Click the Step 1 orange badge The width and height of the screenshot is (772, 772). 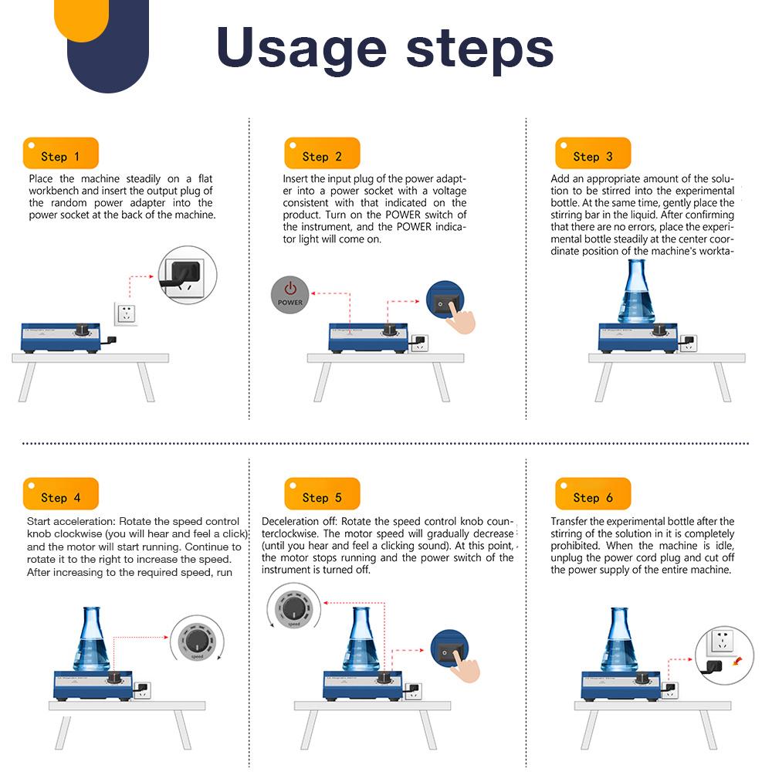tap(60, 153)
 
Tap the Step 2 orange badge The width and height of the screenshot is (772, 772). tap(322, 153)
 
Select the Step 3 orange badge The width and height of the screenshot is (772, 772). tap(593, 153)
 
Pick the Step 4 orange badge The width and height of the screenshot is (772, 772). tap(60, 494)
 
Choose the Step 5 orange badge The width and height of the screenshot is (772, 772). tap(322, 494)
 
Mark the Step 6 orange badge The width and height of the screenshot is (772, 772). tap(593, 494)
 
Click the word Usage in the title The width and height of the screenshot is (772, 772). tap(301, 49)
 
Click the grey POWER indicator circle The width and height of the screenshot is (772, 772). tap(290, 294)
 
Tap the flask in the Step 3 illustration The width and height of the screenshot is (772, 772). tap(636, 292)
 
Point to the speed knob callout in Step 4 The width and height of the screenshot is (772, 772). tap(197, 639)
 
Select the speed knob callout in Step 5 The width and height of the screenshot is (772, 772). tap(294, 607)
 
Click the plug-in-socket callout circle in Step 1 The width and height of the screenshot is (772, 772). tap(188, 275)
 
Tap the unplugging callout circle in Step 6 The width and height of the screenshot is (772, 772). tap(724, 655)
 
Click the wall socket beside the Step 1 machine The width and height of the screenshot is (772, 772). tap(126, 313)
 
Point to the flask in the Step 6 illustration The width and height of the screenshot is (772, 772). tap(619, 640)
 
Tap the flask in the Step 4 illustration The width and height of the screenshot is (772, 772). tap(92, 639)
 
